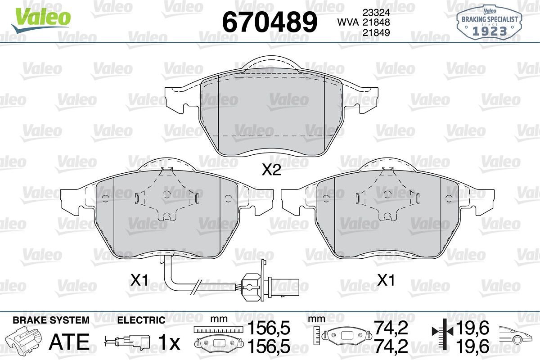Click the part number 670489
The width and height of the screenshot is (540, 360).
[270, 22]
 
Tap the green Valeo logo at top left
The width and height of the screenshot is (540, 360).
[41, 19]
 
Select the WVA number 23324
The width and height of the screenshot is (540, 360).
[376, 12]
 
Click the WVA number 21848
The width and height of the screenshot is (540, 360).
[376, 22]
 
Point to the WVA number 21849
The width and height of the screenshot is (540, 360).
[376, 32]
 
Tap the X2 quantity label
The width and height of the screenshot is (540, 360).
[271, 171]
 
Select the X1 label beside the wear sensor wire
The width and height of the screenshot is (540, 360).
[139, 280]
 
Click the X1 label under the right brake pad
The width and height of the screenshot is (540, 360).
[386, 280]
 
